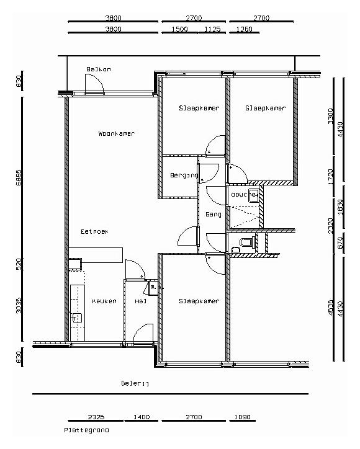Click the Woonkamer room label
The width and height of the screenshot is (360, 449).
click(116, 133)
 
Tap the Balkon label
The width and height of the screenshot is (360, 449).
click(99, 69)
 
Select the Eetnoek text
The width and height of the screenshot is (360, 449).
click(95, 231)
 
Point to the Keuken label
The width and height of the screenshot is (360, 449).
click(104, 301)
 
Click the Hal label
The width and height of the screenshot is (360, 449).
click(140, 301)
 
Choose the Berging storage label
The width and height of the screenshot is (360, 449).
click(183, 176)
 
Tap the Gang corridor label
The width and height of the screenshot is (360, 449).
click(214, 214)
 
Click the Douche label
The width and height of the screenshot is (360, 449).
click(243, 194)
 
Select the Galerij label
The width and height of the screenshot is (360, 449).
click(135, 383)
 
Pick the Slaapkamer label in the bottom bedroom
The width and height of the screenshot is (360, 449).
click(199, 301)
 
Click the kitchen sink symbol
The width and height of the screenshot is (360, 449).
click(76, 318)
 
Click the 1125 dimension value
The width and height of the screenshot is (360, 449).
click(212, 29)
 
